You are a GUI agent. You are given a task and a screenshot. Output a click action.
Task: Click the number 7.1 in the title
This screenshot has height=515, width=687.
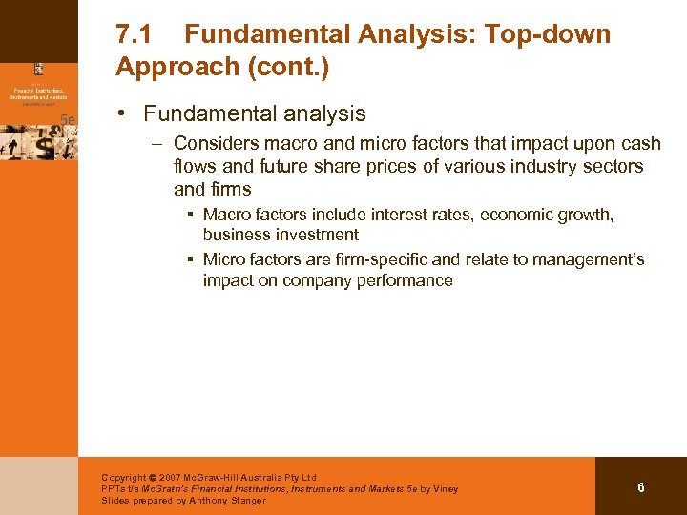point(135,35)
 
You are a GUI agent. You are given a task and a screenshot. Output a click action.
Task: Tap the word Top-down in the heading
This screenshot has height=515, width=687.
point(548,35)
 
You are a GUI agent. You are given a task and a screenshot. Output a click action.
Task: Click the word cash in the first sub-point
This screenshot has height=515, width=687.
point(641,143)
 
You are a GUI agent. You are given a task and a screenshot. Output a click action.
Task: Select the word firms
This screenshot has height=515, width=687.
point(232,189)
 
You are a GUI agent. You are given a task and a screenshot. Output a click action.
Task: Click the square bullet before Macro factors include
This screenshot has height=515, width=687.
point(192,215)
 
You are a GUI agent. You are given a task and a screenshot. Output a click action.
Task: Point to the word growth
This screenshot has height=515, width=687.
point(585,215)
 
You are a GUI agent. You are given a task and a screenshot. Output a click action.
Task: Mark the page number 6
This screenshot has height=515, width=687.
point(641,487)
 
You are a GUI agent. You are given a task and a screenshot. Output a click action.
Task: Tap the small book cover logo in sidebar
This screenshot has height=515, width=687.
point(39,69)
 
